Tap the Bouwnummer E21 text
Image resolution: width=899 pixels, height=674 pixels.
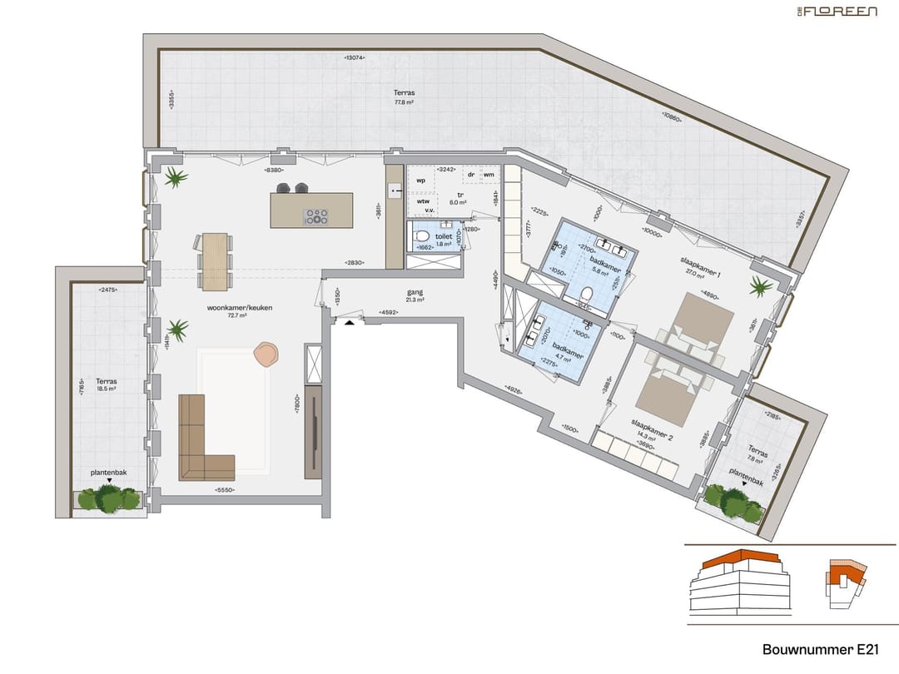coord(819,648)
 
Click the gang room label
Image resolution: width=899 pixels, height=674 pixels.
coord(415,293)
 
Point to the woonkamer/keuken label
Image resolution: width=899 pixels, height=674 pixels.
coord(240,308)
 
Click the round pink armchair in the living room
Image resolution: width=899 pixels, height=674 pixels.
coord(266,354)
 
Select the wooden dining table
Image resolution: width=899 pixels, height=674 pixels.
coord(216,260)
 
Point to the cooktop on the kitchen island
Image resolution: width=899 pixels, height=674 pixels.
coord(316,216)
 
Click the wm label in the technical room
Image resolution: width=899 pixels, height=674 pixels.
coord(488,175)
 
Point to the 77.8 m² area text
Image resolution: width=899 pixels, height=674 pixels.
coord(405,102)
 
